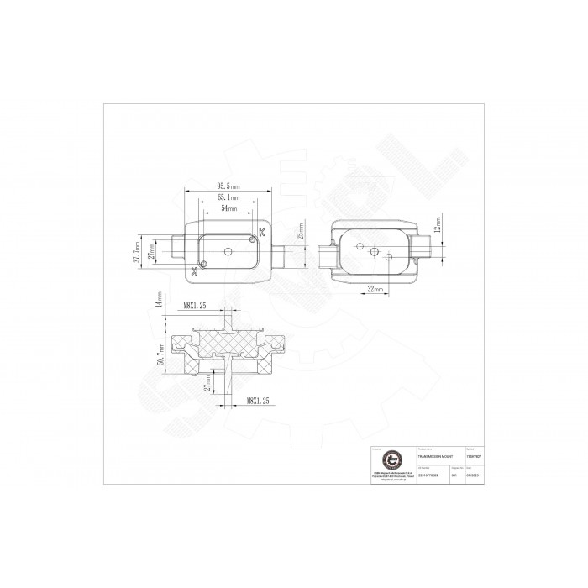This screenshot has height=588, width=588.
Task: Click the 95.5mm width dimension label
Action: [x=228, y=186]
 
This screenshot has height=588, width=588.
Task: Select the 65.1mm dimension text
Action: [x=228, y=197]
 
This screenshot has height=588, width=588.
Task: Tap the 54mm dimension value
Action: [x=228, y=207]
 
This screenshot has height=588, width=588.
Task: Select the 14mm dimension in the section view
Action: [x=159, y=301]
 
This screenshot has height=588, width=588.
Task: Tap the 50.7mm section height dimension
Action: [x=160, y=352]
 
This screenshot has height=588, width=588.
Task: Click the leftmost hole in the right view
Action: [x=360, y=246]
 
